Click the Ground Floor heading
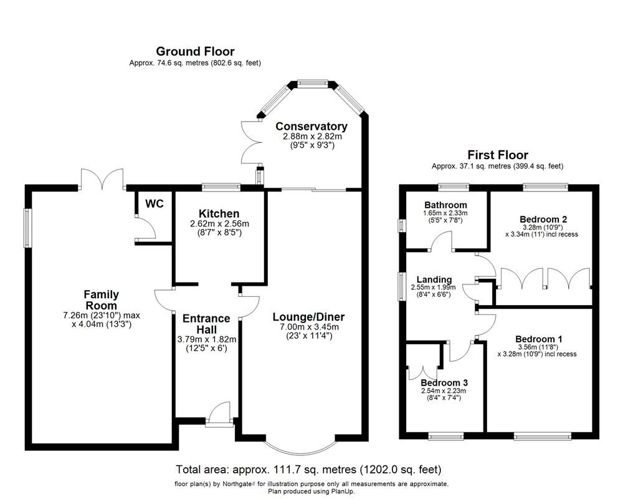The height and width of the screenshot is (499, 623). [x=195, y=51]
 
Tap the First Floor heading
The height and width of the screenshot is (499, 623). [x=497, y=155]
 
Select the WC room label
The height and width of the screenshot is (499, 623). [x=154, y=204]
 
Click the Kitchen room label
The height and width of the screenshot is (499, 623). [x=219, y=214]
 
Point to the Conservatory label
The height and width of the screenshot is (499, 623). [x=311, y=126]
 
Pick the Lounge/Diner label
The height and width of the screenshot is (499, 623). [x=308, y=317]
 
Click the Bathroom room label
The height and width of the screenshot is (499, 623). [x=445, y=205]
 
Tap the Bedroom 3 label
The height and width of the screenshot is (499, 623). [x=444, y=382]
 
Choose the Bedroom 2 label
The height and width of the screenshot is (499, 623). [x=543, y=219]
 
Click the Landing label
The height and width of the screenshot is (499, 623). [x=431, y=279]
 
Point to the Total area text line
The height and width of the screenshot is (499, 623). [x=309, y=469]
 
